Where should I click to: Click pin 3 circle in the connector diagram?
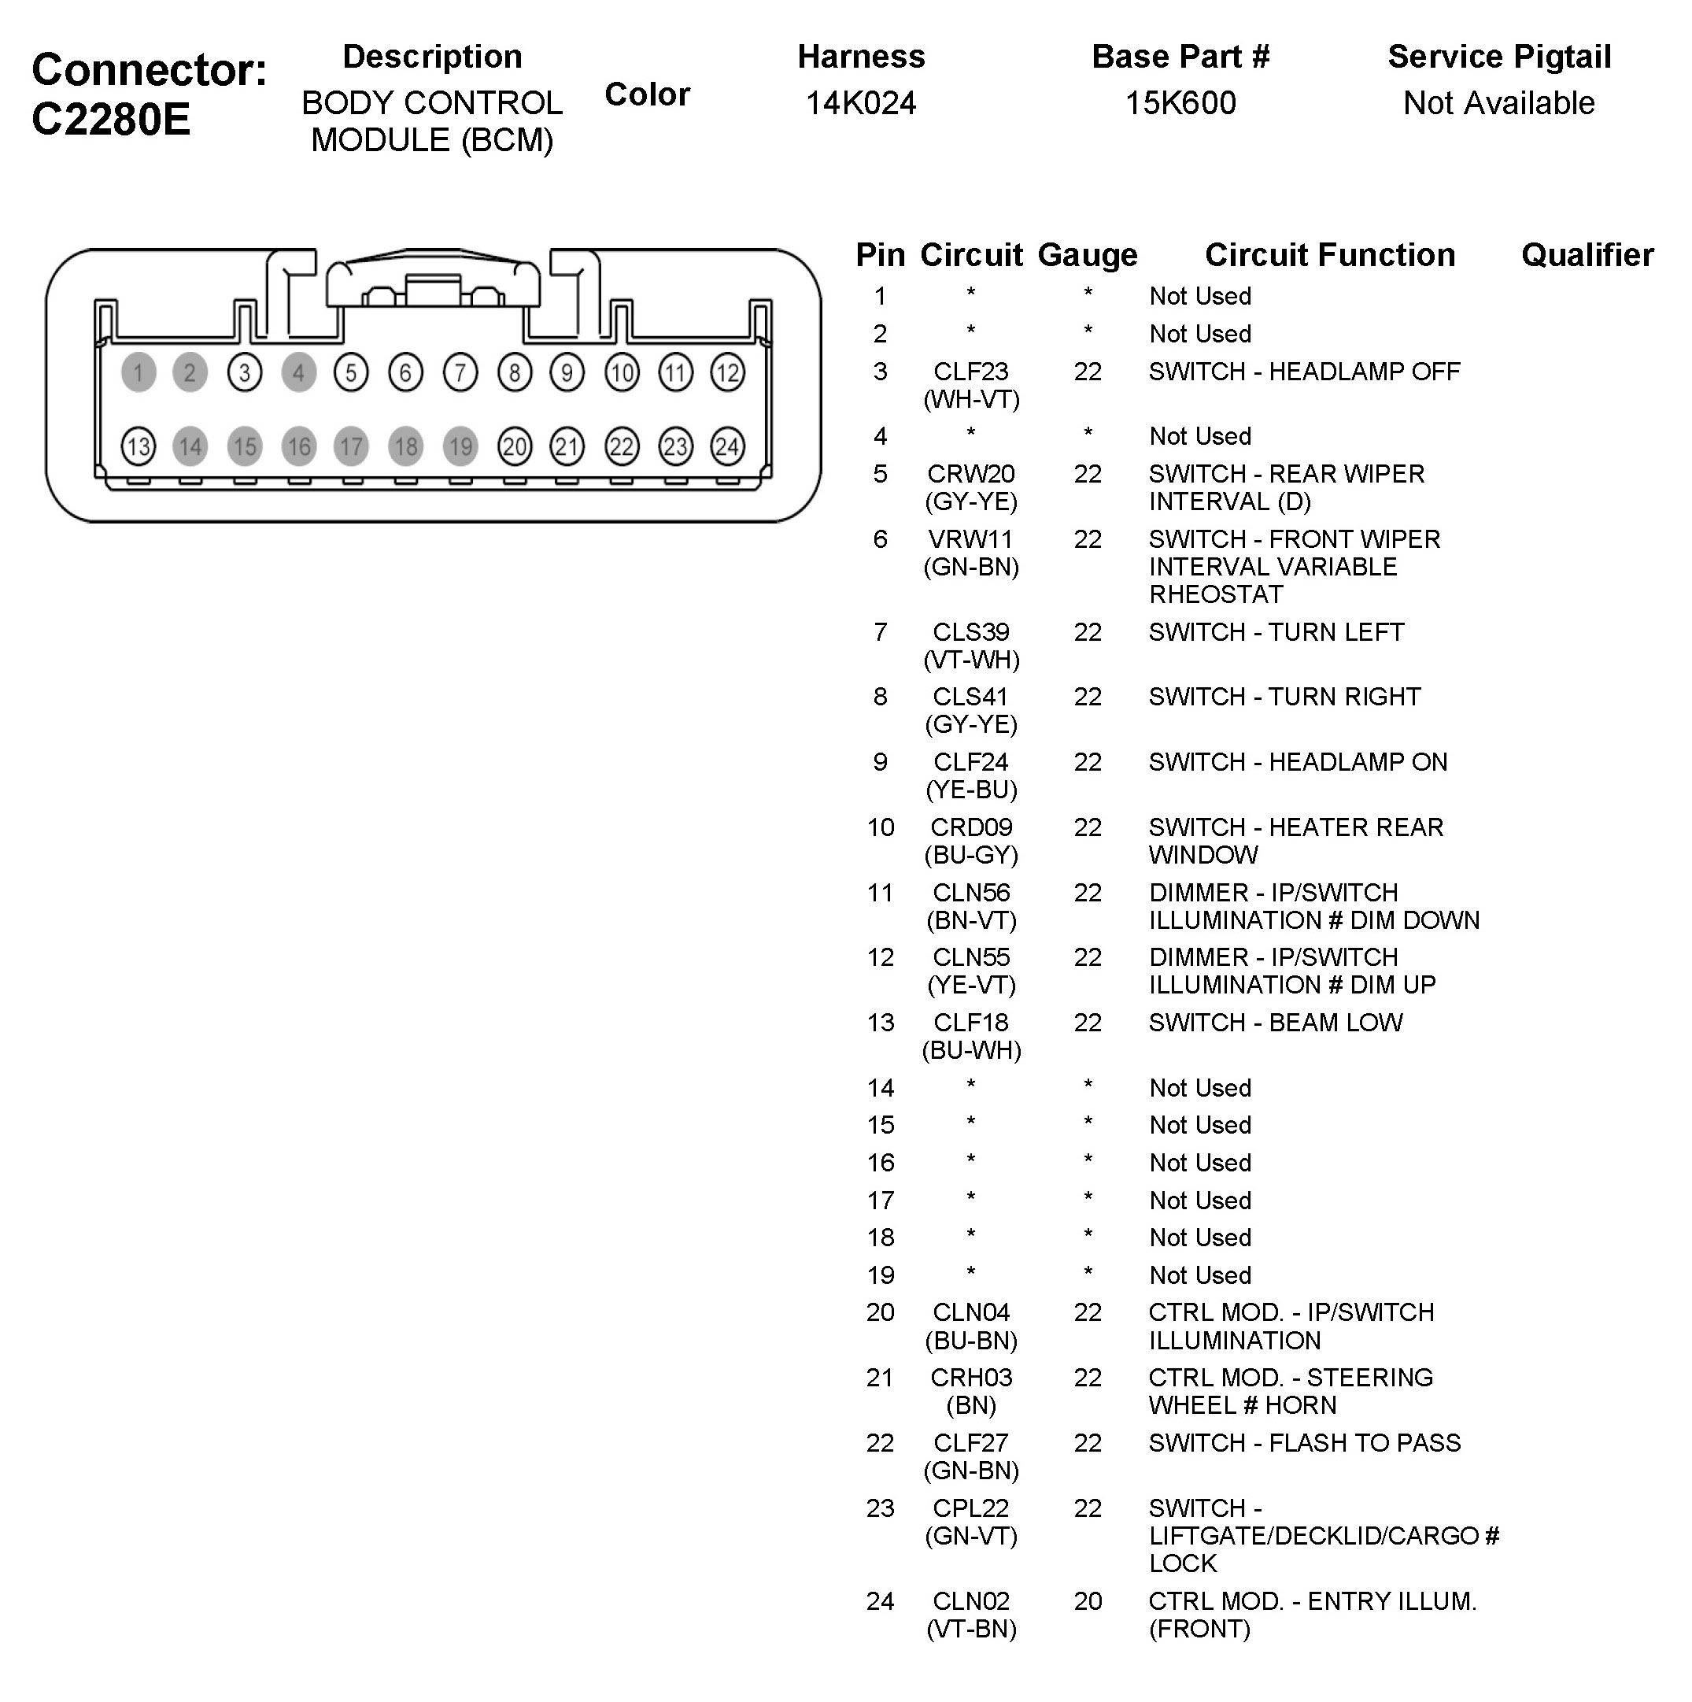pyautogui.click(x=244, y=372)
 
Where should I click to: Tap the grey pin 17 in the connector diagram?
pyautogui.click(x=352, y=446)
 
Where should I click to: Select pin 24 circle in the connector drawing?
pyautogui.click(x=727, y=446)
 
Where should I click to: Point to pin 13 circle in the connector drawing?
pyautogui.click(x=139, y=446)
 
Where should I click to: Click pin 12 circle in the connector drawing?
pyautogui.click(x=727, y=372)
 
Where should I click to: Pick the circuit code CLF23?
pyautogui.click(x=970, y=372)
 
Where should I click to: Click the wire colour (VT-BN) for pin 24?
pyautogui.click(x=970, y=1629)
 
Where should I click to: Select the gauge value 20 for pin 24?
pyautogui.click(x=1088, y=1600)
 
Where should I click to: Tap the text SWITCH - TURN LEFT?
pyautogui.click(x=1276, y=631)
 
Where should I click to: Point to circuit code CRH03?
pyautogui.click(x=970, y=1377)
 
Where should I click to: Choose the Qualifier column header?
pyautogui.click(x=1587, y=256)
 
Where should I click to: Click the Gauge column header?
pyautogui.click(x=1088, y=256)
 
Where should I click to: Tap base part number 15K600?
pyautogui.click(x=1180, y=103)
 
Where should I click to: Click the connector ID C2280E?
pyautogui.click(x=111, y=119)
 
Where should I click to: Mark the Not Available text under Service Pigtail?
pyautogui.click(x=1499, y=103)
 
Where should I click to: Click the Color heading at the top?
pyautogui.click(x=648, y=94)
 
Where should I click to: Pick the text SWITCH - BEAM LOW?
pyautogui.click(x=1276, y=1022)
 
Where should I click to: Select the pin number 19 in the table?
pyautogui.click(x=880, y=1275)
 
